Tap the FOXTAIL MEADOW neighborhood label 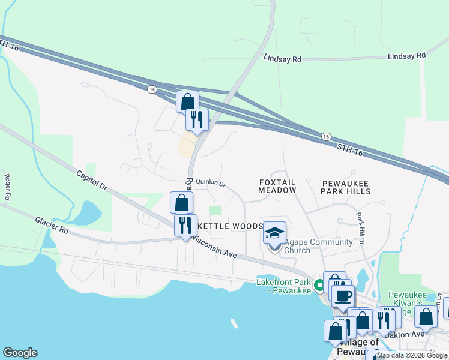coord(277,185)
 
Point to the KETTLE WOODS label coord(231,226)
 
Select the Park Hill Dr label coord(360,227)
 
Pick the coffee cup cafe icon coord(343,296)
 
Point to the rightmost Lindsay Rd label coord(406,55)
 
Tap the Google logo coord(20,352)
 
